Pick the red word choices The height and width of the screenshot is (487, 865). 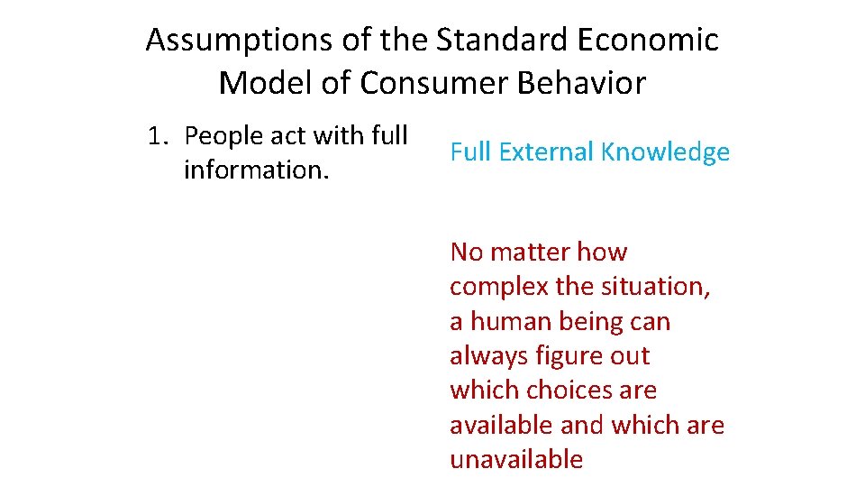click(x=569, y=391)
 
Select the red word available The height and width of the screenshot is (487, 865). click(x=501, y=425)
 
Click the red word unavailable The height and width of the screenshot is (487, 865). click(x=516, y=459)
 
